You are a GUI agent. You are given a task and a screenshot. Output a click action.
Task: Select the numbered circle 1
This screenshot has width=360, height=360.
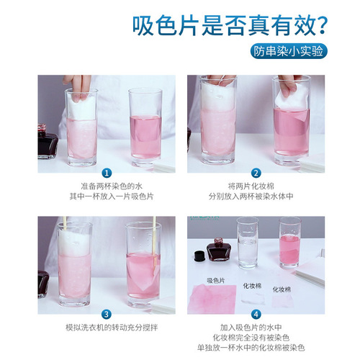(x=107, y=173)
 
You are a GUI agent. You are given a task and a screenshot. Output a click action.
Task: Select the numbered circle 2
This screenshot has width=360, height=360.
(x=255, y=173)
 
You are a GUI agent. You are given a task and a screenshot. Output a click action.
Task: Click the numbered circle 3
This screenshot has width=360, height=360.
(x=107, y=315)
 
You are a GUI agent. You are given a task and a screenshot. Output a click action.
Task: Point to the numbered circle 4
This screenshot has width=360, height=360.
(x=255, y=315)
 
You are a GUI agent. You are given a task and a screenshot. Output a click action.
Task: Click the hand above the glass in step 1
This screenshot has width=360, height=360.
(x=78, y=83)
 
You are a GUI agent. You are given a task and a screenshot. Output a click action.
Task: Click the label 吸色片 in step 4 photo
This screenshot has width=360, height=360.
(x=216, y=279)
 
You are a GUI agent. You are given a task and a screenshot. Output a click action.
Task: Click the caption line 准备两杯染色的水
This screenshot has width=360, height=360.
(x=106, y=184)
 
